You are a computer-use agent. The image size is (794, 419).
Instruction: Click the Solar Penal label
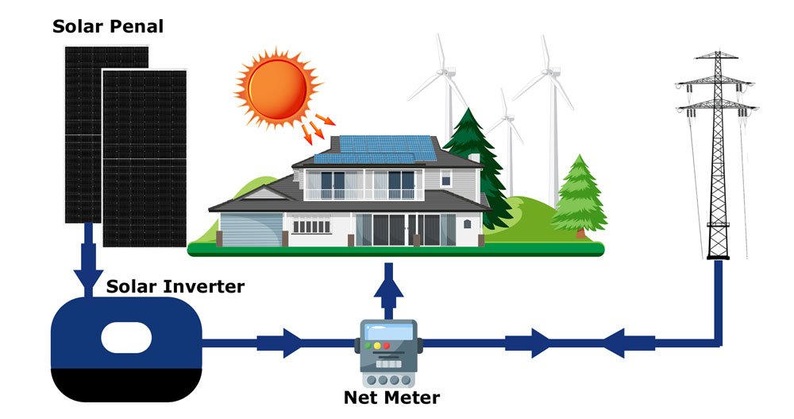(x=108, y=26)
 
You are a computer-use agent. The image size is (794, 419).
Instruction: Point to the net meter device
(x=388, y=347)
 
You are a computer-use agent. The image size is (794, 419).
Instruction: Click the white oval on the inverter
(x=126, y=337)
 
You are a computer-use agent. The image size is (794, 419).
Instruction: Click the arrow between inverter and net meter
(x=282, y=344)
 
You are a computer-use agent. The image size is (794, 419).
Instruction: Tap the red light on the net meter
(x=387, y=346)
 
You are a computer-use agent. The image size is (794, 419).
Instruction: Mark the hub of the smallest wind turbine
(x=503, y=115)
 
